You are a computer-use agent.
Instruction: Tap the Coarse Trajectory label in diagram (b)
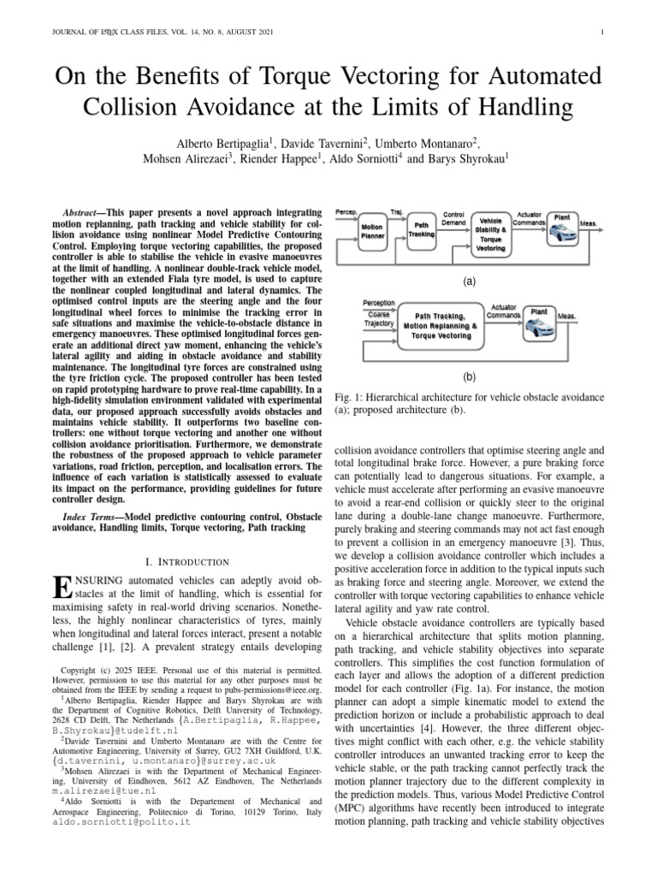tap(379, 318)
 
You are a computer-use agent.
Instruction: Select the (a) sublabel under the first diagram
tap(468, 281)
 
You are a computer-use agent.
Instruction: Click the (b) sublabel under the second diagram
tap(468, 376)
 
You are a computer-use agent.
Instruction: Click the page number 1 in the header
tap(603, 33)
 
